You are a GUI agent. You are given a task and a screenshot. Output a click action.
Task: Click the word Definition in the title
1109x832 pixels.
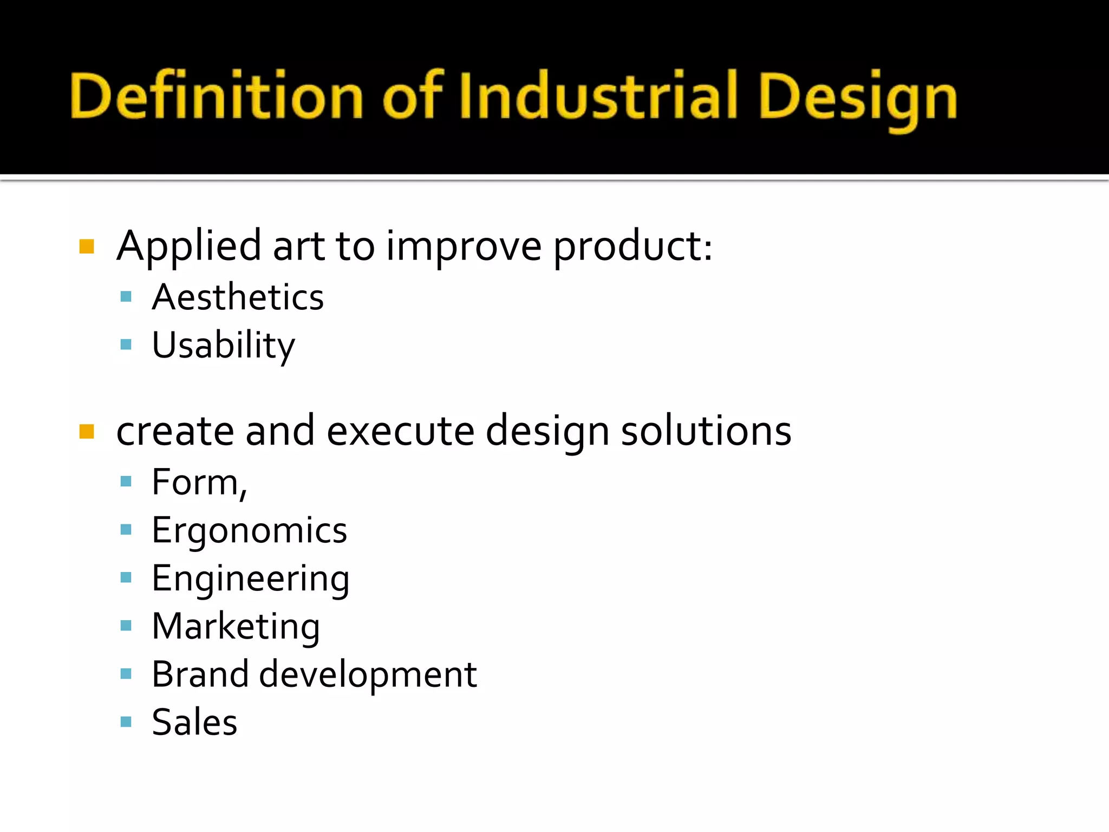(x=217, y=96)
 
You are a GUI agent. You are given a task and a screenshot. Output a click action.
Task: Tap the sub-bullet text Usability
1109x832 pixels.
(x=223, y=346)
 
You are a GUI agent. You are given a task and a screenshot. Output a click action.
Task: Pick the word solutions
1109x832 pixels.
(x=706, y=431)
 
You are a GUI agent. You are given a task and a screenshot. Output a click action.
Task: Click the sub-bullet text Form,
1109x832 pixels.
(x=199, y=482)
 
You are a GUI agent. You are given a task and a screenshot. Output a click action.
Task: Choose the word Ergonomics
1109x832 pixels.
(x=249, y=531)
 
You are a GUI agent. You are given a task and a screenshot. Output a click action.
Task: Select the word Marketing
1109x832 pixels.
(x=236, y=627)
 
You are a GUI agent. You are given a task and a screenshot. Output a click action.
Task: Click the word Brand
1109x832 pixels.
(x=200, y=674)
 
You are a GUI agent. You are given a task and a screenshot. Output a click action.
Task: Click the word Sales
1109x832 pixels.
(x=194, y=722)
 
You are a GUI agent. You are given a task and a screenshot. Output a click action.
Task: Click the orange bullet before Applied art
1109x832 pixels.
(x=87, y=247)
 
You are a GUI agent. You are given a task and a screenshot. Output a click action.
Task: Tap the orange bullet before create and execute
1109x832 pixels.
(x=87, y=432)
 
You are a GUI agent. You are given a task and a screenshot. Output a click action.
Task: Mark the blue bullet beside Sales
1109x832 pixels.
(x=126, y=722)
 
